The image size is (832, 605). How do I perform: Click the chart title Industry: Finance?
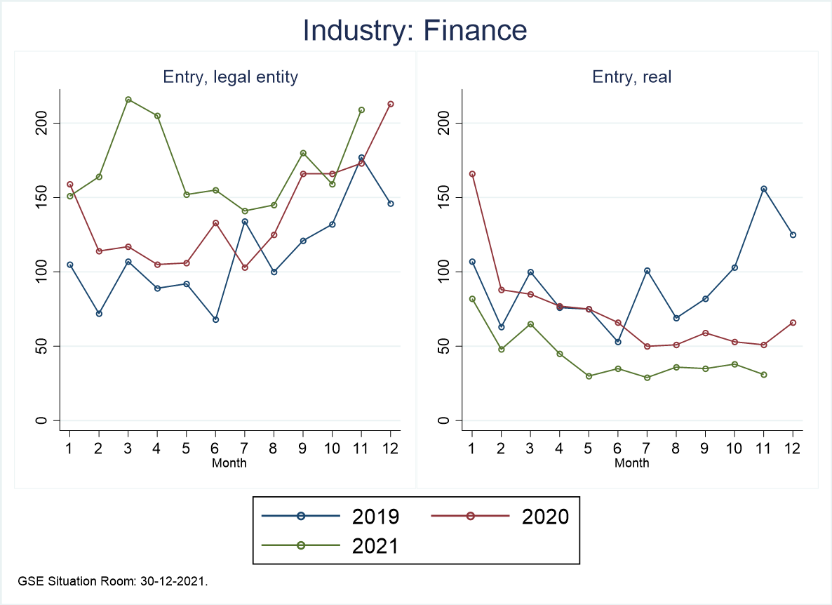415,31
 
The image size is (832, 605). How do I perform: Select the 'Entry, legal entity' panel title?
230,77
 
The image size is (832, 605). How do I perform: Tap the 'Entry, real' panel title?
631,77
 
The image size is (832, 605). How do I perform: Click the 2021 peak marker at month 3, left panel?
128,100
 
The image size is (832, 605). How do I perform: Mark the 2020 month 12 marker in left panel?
391,104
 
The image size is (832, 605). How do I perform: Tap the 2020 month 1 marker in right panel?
472,174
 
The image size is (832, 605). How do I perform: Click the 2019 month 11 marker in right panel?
764,189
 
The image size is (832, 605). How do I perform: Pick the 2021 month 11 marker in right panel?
764,375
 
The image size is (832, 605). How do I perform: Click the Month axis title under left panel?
229,463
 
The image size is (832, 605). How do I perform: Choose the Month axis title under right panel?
632,463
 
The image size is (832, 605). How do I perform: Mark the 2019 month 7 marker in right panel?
647,270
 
